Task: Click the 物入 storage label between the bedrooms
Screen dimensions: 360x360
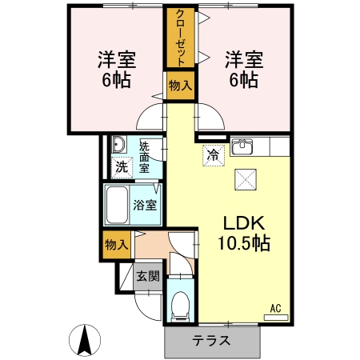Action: click(180, 86)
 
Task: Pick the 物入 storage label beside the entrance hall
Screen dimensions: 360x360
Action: click(117, 245)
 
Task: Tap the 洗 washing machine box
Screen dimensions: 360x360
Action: click(120, 168)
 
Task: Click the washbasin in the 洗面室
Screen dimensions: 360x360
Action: click(118, 145)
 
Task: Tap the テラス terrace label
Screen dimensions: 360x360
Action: click(211, 340)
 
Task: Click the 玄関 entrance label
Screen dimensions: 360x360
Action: click(147, 277)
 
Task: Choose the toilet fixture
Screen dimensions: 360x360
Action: click(181, 305)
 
